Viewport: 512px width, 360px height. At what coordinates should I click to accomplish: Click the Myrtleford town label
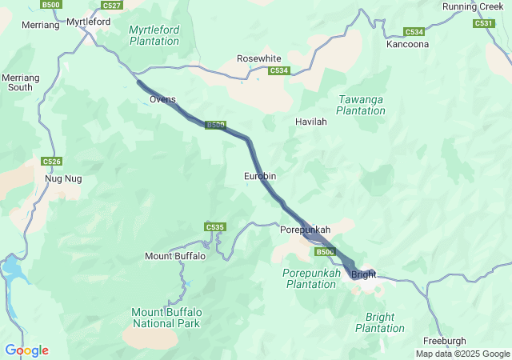(x=88, y=22)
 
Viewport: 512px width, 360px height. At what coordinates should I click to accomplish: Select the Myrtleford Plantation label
(x=154, y=35)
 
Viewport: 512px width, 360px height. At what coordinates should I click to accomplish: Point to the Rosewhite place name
(x=259, y=58)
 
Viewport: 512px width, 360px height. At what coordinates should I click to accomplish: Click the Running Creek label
(x=474, y=6)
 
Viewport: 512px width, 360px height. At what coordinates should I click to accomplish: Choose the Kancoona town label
(x=408, y=44)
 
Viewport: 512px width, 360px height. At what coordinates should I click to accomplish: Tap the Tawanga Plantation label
(x=361, y=105)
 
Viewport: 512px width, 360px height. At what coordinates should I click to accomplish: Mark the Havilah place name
(x=311, y=122)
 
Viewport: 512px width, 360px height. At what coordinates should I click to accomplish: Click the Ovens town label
(x=162, y=99)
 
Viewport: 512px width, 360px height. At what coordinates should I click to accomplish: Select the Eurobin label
(x=261, y=175)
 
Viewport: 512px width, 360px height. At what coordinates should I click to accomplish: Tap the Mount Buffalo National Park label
(x=166, y=318)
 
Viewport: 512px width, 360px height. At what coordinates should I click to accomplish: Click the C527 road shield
(x=112, y=6)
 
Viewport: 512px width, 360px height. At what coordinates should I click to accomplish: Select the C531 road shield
(x=483, y=23)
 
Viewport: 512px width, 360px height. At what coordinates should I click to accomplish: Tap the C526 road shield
(x=51, y=162)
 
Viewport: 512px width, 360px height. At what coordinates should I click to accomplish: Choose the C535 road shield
(x=214, y=227)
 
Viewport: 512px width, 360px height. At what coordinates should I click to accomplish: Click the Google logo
(x=26, y=350)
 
